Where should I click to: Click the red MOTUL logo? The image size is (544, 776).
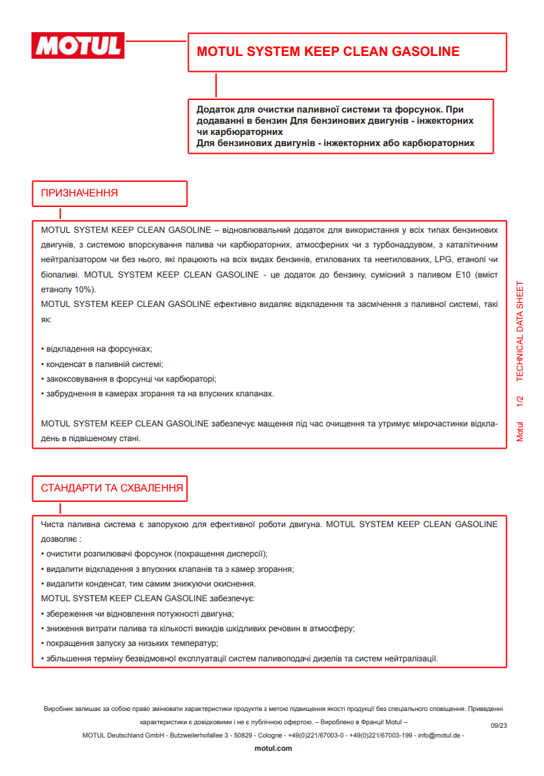[78, 45]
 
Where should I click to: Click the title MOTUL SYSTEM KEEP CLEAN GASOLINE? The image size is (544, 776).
[328, 52]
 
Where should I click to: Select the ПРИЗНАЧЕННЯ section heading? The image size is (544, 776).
[79, 193]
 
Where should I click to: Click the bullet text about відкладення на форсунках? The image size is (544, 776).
[97, 348]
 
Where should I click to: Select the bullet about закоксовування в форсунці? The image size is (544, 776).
[129, 379]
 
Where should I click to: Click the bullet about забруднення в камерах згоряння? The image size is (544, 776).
[158, 394]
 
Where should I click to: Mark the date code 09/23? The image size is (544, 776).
[499, 726]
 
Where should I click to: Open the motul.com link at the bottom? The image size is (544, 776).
[273, 748]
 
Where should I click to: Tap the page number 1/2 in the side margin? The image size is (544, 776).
[520, 401]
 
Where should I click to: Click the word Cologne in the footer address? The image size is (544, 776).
[270, 735]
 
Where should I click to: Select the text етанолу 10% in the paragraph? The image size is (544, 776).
[69, 289]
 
